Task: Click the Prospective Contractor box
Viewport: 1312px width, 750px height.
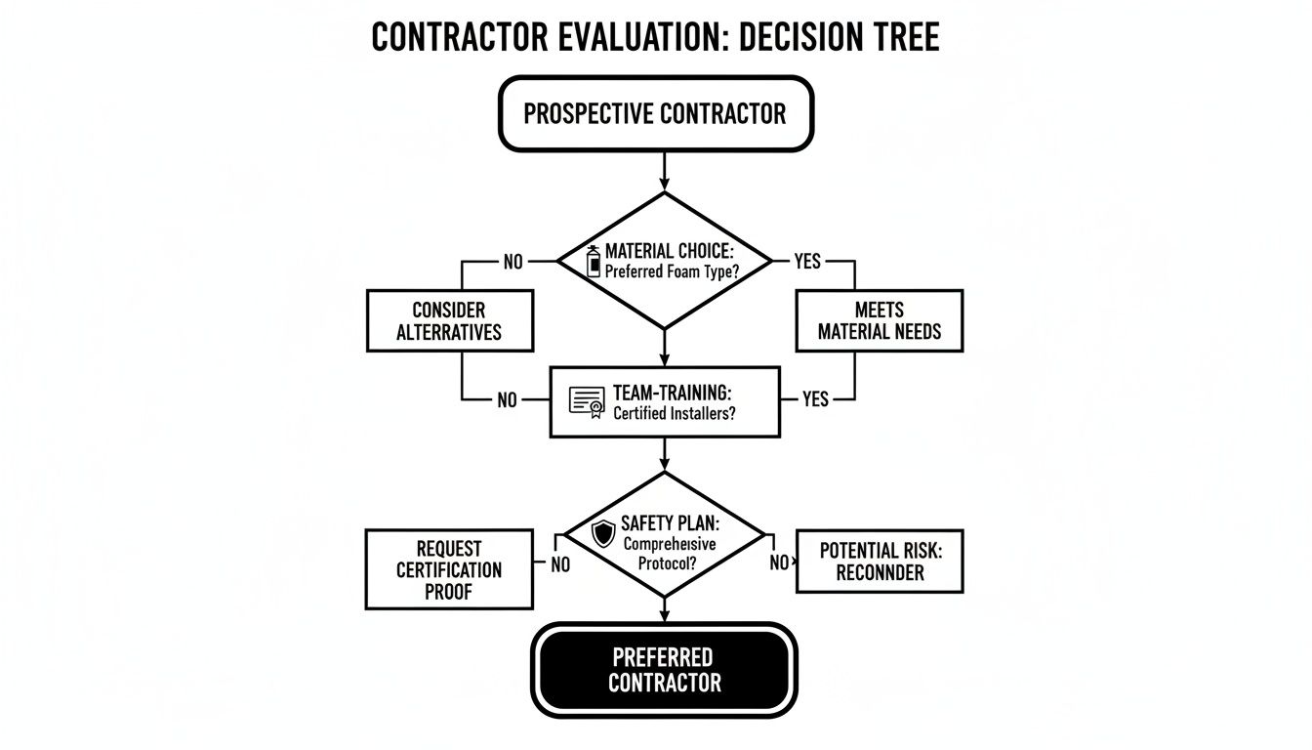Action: click(x=655, y=113)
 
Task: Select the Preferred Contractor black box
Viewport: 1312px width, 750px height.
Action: click(x=664, y=669)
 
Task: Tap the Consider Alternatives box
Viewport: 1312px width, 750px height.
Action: click(x=449, y=320)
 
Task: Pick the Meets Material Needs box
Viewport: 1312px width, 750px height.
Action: click(x=879, y=320)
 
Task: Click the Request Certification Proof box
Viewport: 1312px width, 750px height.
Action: click(x=449, y=569)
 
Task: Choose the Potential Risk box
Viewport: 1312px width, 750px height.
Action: click(x=879, y=562)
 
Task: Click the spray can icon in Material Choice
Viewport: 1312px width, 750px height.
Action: click(x=593, y=262)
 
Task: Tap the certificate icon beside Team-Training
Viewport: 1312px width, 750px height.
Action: click(x=587, y=401)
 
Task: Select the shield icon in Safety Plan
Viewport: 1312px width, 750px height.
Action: click(x=604, y=533)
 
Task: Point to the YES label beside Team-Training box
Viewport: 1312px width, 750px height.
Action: click(x=815, y=399)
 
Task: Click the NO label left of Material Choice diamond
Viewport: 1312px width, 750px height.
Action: click(x=513, y=261)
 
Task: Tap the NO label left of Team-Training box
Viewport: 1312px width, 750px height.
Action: click(x=507, y=399)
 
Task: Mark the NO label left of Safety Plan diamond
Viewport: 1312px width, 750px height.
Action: click(x=560, y=563)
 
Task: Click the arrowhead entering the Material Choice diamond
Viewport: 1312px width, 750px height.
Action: click(x=665, y=186)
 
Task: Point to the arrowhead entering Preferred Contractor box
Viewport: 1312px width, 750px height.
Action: click(x=665, y=615)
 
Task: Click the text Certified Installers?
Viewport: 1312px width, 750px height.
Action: click(x=675, y=413)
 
